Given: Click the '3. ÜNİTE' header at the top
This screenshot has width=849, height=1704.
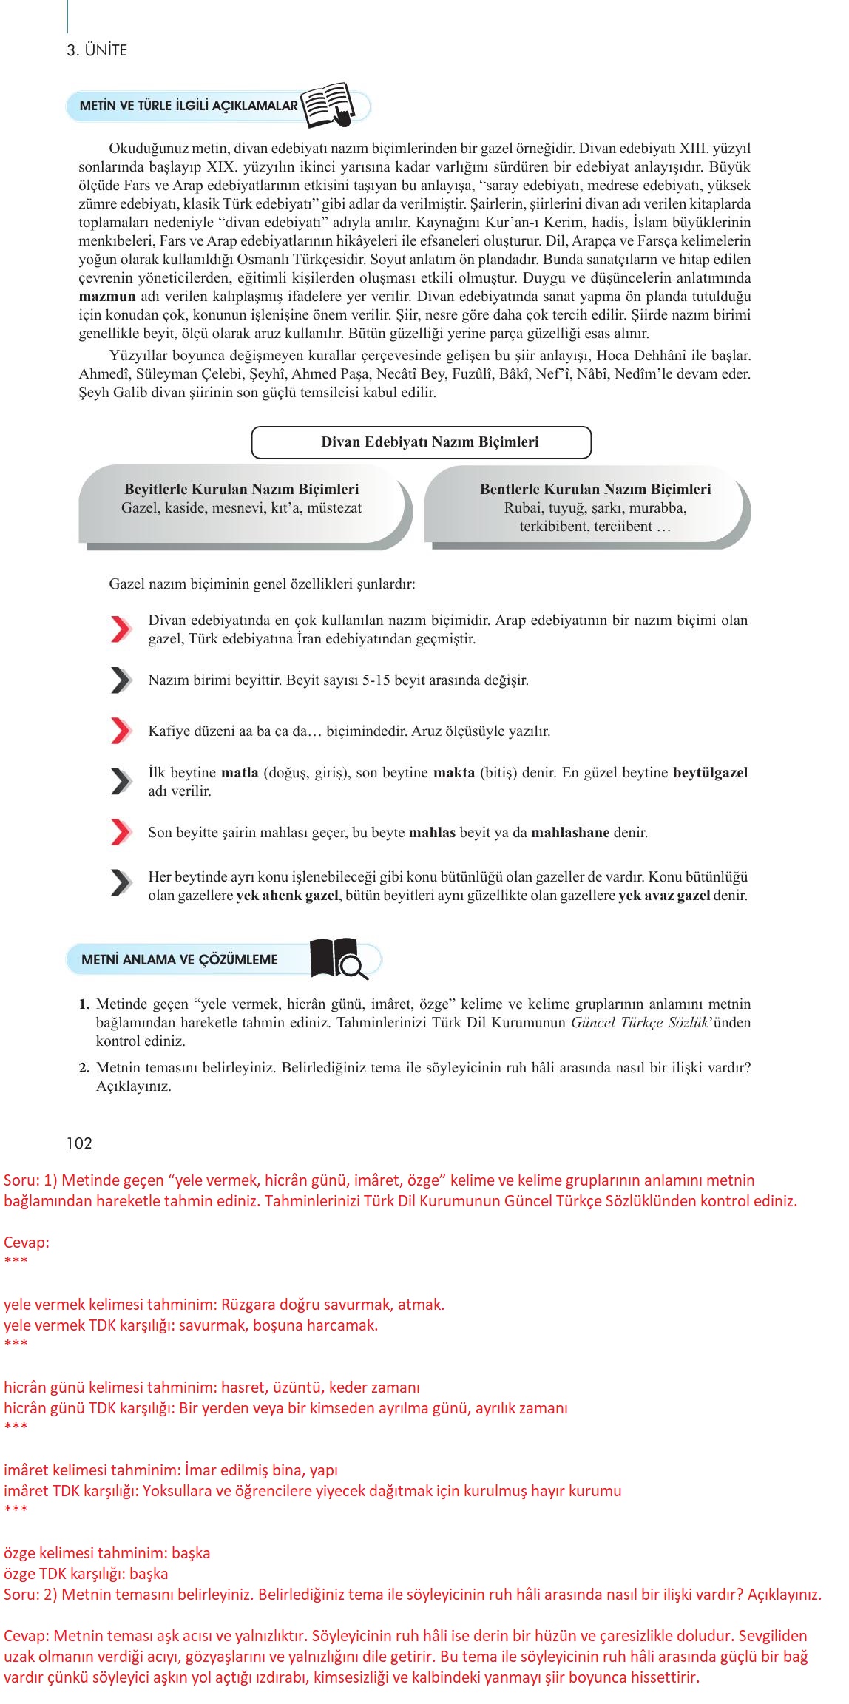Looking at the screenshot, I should coord(97,50).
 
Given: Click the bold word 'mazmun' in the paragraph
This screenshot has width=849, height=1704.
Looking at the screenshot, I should coord(107,297).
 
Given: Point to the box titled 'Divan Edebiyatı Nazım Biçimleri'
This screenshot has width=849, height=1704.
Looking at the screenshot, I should coord(422,442).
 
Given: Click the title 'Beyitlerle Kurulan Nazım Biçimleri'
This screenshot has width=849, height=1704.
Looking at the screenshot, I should coord(241,489).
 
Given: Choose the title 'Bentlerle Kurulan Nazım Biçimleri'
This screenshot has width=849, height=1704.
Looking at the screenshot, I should coord(595,489).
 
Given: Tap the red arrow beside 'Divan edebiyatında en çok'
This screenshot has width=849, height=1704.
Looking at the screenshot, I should coord(121,629).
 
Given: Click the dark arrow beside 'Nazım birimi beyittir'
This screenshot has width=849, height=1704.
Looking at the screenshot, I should coord(121,680).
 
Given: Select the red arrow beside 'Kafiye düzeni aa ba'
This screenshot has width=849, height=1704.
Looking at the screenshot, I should coord(121,731).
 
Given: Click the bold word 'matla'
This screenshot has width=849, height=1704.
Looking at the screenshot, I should coord(240,773).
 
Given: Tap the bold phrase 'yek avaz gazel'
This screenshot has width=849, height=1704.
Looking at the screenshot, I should coord(664,896).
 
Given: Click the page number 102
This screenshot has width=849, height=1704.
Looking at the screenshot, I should coord(79,1143).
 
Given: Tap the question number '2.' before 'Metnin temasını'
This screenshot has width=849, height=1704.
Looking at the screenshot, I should coord(84,1068).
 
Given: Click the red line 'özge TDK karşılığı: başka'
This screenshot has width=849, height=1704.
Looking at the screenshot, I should coord(86,1573).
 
